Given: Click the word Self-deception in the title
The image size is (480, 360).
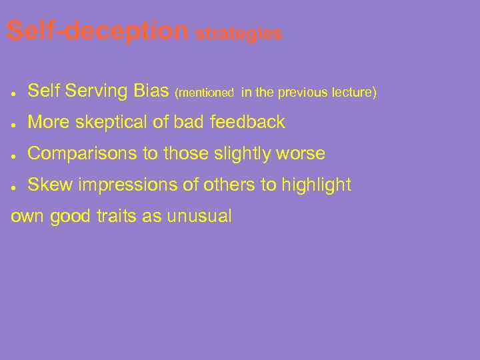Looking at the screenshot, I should click(x=98, y=31).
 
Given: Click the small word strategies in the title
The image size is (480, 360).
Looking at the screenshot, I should click(x=239, y=34).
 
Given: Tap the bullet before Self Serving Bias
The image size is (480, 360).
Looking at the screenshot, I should click(x=14, y=92).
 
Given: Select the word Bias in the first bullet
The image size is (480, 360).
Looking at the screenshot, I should click(x=151, y=91).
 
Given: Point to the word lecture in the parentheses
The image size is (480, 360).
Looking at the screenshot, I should click(x=354, y=93).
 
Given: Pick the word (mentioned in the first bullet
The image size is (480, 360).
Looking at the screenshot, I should click(x=204, y=93).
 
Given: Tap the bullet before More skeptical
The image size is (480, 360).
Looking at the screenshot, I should click(x=14, y=123).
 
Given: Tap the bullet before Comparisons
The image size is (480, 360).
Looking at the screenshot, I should click(x=14, y=155).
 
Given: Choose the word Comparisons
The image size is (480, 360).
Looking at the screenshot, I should click(x=83, y=154).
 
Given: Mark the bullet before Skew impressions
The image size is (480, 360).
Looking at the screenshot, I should click(x=14, y=186).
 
